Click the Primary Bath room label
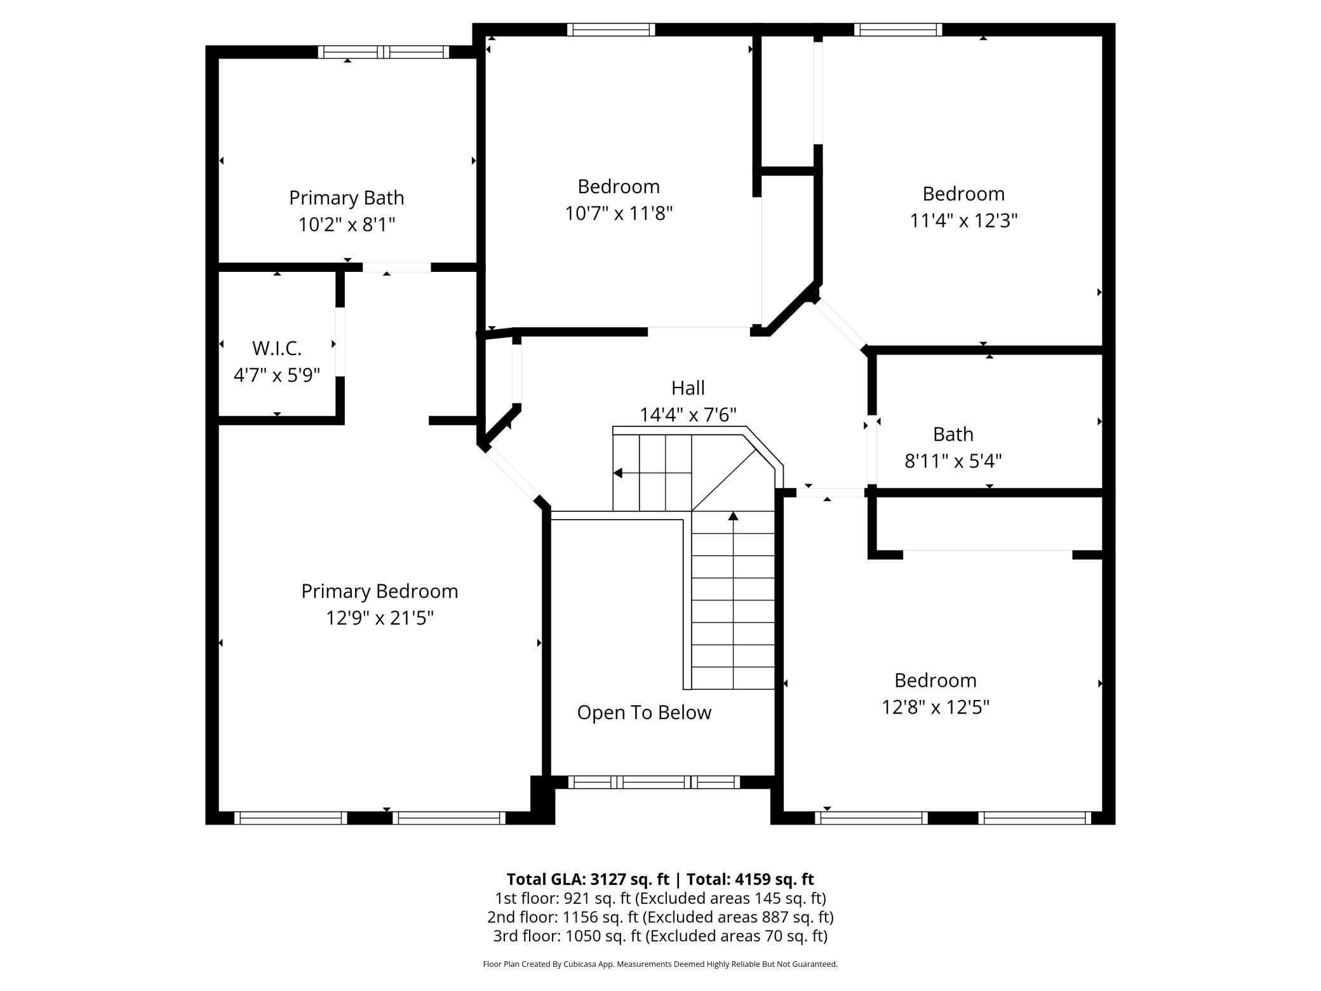pyautogui.click(x=346, y=198)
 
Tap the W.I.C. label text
pyautogui.click(x=277, y=348)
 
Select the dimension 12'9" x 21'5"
pyautogui.click(x=380, y=617)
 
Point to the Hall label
pyautogui.click(x=688, y=388)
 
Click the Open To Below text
pyautogui.click(x=644, y=713)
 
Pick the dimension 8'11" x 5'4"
pyautogui.click(x=953, y=461)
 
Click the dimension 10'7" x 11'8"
pyautogui.click(x=619, y=213)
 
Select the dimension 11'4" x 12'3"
pyautogui.click(x=963, y=220)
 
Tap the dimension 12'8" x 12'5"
pyautogui.click(x=935, y=707)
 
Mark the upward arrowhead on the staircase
pyautogui.click(x=733, y=516)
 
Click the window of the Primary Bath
pyautogui.click(x=384, y=52)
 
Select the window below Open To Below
pyautogui.click(x=654, y=782)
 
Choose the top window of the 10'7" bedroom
pyautogui.click(x=611, y=29)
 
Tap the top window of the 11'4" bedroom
pyautogui.click(x=898, y=29)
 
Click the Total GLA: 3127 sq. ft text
pyautogui.click(x=588, y=879)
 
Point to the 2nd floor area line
pyautogui.click(x=660, y=917)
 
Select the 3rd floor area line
pyautogui.click(x=660, y=936)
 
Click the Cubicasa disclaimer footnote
pyautogui.click(x=660, y=964)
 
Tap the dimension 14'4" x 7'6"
pyautogui.click(x=688, y=415)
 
